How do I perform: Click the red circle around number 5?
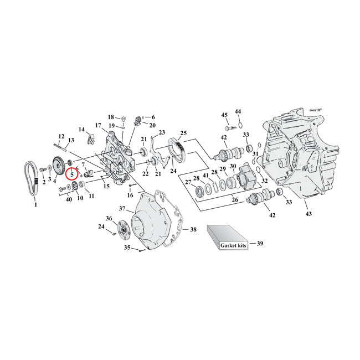pyautogui.click(x=72, y=173)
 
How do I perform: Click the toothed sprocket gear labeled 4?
pyautogui.click(x=56, y=166)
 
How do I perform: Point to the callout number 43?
pyautogui.click(x=308, y=214)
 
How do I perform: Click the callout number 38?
pyautogui.click(x=193, y=229)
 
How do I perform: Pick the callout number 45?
pyautogui.click(x=225, y=115)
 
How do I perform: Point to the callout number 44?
pyautogui.click(x=238, y=111)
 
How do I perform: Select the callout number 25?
pyautogui.click(x=183, y=133)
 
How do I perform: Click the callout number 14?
pyautogui.click(x=81, y=130)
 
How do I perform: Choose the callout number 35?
pyautogui.click(x=126, y=248)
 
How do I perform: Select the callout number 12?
pyautogui.click(x=61, y=136)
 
